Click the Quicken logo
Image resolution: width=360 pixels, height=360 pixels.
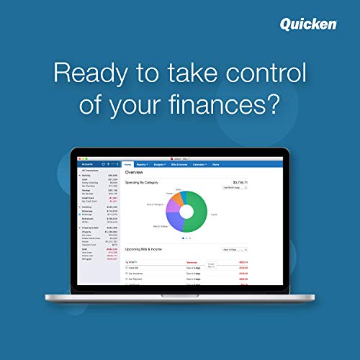[308, 24]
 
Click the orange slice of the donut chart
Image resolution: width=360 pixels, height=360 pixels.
[177, 199]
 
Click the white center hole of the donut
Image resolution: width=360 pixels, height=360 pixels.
[187, 212]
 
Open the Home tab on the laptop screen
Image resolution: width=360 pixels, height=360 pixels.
[127, 165]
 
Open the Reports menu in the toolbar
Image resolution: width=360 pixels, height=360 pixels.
[143, 165]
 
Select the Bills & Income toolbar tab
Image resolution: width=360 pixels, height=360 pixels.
[179, 165]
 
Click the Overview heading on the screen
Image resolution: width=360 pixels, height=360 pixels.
[135, 173]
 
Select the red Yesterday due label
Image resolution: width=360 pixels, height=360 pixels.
[192, 262]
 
